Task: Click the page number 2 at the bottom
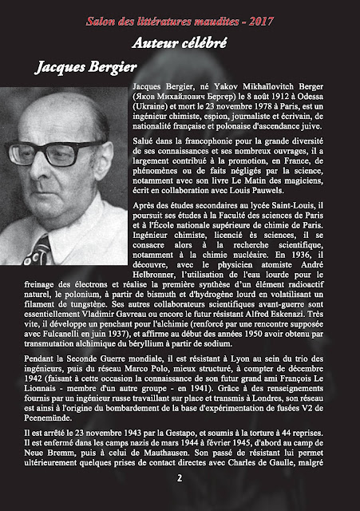[x=180, y=479]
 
